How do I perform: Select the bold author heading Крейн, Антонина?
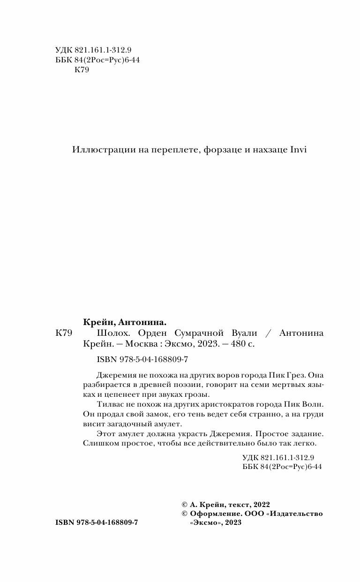(x=125, y=323)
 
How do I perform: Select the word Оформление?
(x=210, y=514)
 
